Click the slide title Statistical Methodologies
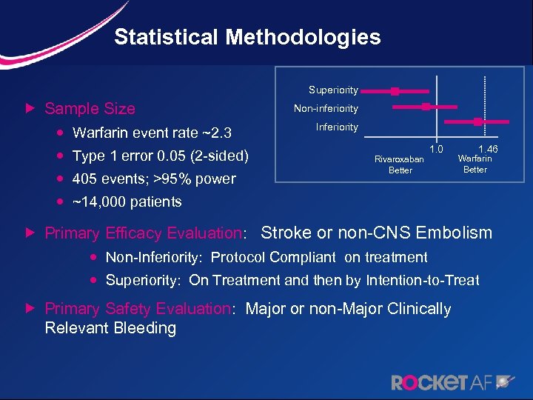(247, 37)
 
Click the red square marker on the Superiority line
(395, 91)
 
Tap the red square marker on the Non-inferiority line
(426, 107)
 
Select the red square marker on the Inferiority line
(477, 121)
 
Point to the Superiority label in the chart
(333, 90)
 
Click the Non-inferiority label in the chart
(326, 108)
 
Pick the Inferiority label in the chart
(337, 127)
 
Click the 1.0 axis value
(436, 149)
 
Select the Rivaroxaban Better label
(399, 164)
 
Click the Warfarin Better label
(475, 164)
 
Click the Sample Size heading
(90, 109)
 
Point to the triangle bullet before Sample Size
(30, 109)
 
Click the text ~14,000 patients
(127, 201)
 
